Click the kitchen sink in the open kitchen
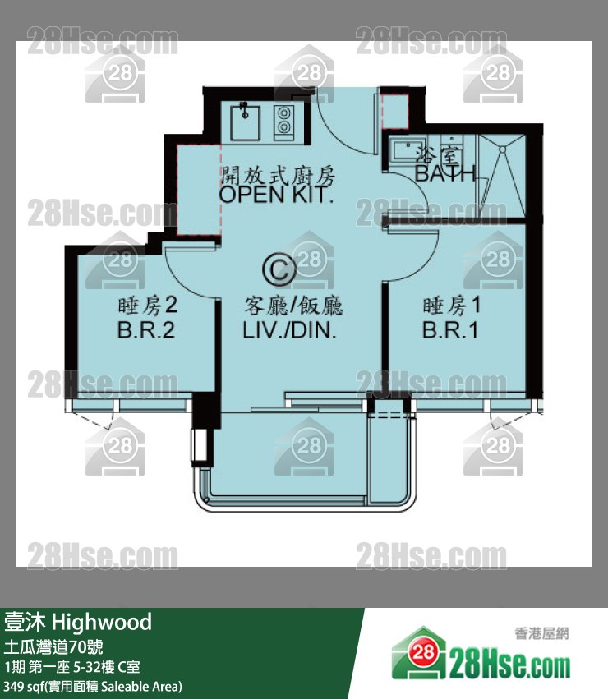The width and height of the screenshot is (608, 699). pos(245,122)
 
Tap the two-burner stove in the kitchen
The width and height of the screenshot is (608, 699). pos(284,122)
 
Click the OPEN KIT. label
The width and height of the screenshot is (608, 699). pos(277,195)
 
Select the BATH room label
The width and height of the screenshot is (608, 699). pos(444,174)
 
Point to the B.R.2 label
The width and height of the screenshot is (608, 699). pos(146,330)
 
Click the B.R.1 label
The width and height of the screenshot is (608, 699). pos(450,330)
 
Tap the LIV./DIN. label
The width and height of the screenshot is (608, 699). pos(289,330)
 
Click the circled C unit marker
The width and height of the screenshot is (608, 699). pos(279,269)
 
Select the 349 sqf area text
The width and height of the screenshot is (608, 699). pos(93,686)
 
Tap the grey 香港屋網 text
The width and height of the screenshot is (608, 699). pos(541,633)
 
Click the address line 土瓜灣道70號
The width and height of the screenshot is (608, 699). pos(53,647)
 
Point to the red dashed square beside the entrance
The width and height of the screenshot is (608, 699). pos(395,112)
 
